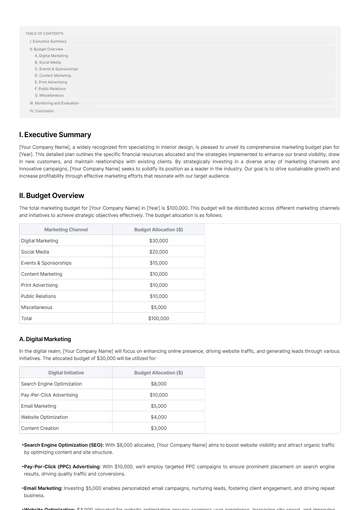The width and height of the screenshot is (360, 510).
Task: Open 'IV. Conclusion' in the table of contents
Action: pos(42,111)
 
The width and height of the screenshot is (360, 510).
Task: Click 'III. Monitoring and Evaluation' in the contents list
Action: pos(55,103)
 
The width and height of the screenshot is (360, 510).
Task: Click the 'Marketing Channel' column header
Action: pos(66,229)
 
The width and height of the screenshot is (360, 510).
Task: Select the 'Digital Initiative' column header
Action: pos(66,372)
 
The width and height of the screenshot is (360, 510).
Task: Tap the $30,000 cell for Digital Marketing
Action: pos(158,241)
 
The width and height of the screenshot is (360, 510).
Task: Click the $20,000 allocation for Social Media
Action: pos(158,252)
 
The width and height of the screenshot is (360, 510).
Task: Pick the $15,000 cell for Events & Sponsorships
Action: pos(158,263)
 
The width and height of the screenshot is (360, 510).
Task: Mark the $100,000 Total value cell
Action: pos(158,318)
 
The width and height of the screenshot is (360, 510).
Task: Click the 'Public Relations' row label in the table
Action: pos(40,296)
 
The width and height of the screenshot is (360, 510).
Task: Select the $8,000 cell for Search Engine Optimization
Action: pos(158,384)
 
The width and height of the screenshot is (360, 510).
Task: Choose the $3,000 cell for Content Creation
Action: pos(158,427)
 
